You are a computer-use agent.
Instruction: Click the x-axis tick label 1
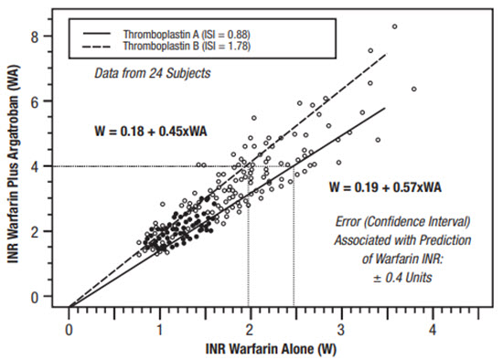159,326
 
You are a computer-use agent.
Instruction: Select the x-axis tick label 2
250,326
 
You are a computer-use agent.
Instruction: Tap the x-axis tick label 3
340,326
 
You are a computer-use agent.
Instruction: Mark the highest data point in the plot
394,27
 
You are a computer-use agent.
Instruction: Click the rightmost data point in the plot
414,89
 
